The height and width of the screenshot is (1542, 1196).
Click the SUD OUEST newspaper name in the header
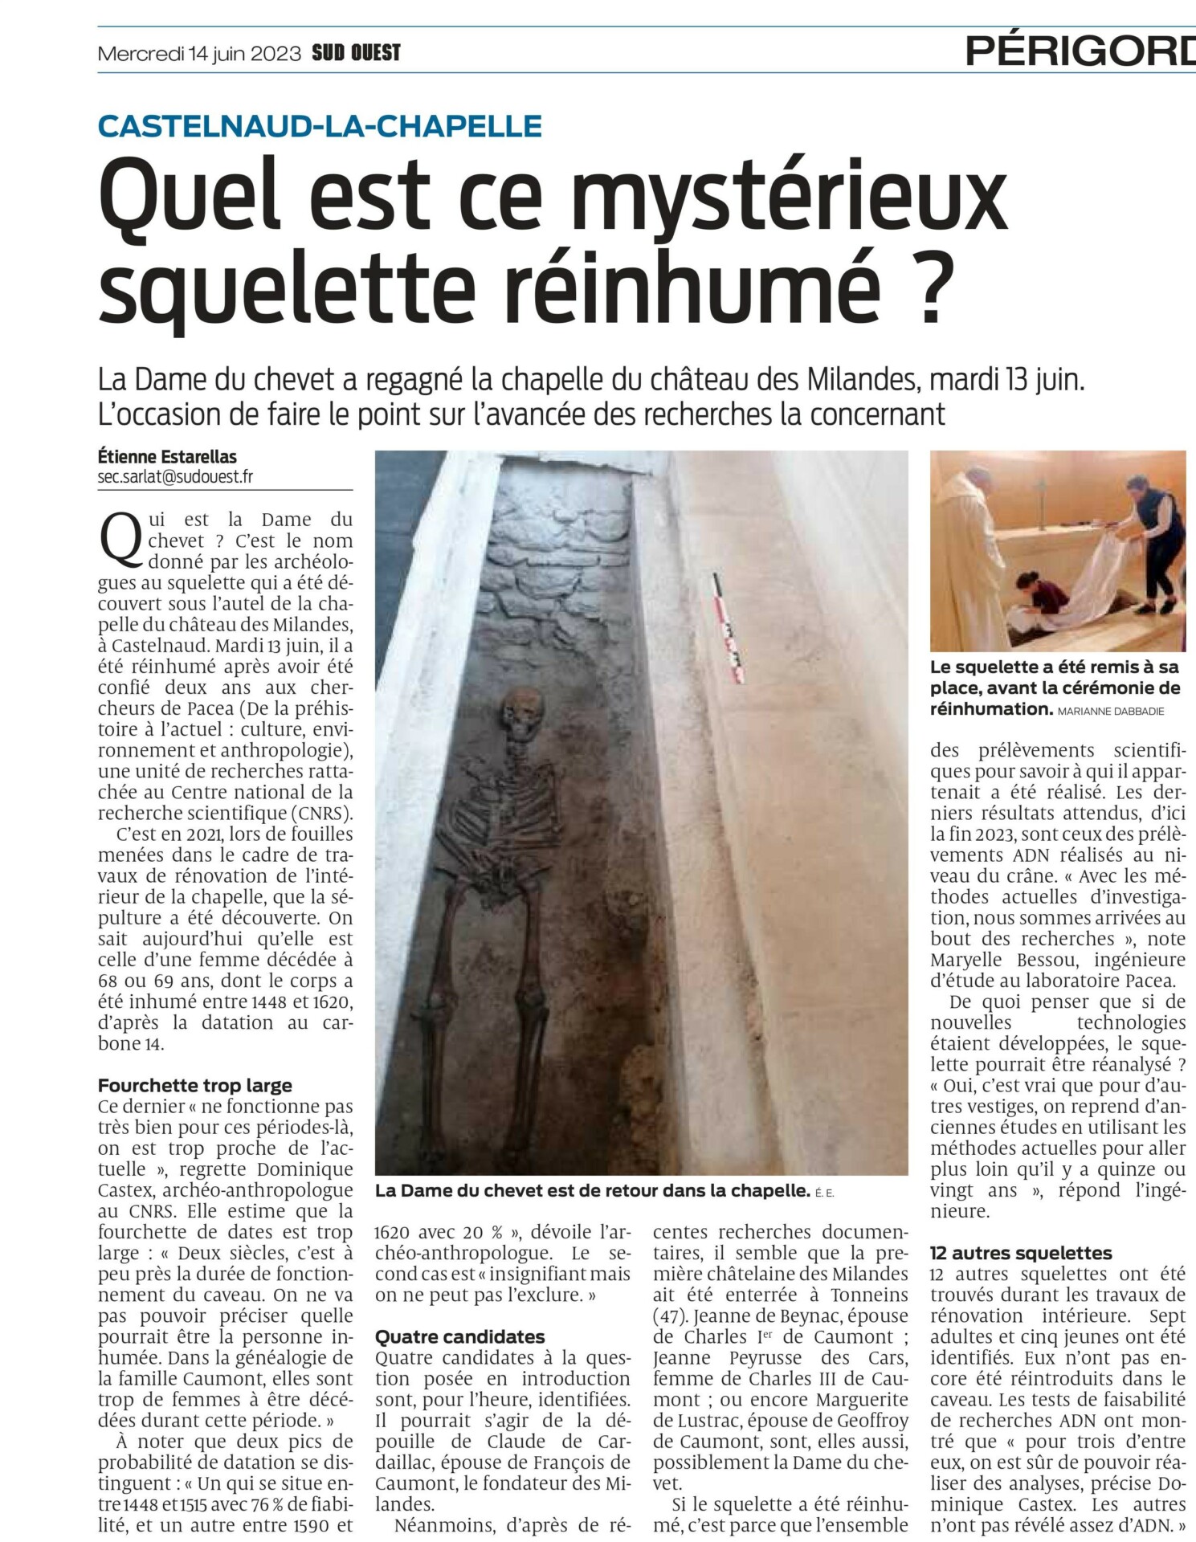(x=356, y=54)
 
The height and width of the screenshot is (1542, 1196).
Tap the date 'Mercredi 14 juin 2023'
(x=199, y=55)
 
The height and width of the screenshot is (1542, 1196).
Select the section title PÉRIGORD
(x=1079, y=51)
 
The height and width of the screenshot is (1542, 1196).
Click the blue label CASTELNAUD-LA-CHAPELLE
(x=320, y=126)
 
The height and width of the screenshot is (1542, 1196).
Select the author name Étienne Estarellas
(x=167, y=456)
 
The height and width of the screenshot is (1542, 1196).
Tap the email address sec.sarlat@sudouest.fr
(x=175, y=476)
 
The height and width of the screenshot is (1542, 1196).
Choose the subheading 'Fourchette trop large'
(x=195, y=1086)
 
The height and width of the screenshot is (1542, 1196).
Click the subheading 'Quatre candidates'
(x=460, y=1336)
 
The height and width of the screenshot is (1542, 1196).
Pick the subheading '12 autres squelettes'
(x=1021, y=1253)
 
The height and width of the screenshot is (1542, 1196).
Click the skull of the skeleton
(x=522, y=712)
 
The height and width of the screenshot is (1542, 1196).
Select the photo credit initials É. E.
(x=824, y=1193)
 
